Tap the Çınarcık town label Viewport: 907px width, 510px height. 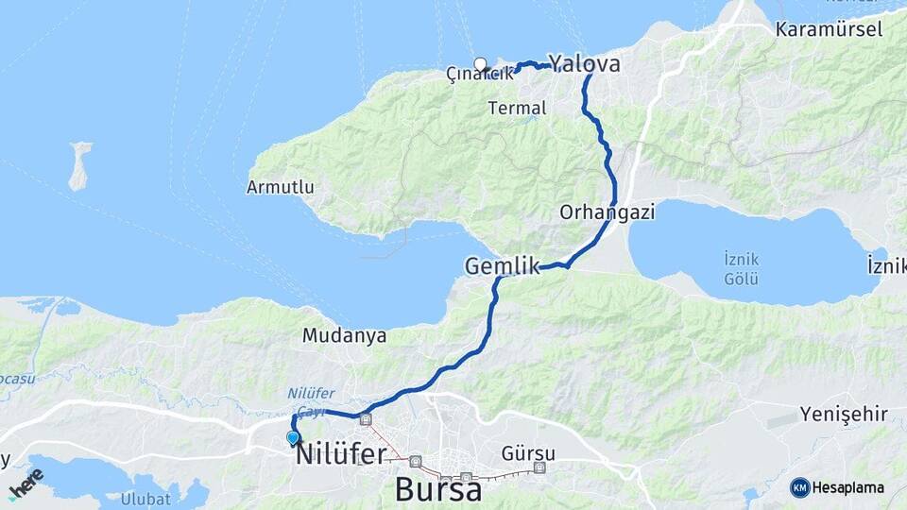[479, 74]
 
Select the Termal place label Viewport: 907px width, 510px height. [517, 109]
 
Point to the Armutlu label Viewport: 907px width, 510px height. [280, 187]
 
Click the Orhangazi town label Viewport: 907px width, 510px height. [607, 212]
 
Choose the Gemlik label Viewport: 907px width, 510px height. [502, 267]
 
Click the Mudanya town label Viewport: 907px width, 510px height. [345, 335]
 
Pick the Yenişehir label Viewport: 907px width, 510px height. [844, 414]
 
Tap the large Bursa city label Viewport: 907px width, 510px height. [438, 489]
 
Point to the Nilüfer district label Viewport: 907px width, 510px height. [341, 454]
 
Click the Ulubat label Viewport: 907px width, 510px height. [145, 499]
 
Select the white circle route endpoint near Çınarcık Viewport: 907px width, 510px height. [480, 64]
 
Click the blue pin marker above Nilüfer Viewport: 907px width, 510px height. [293, 437]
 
